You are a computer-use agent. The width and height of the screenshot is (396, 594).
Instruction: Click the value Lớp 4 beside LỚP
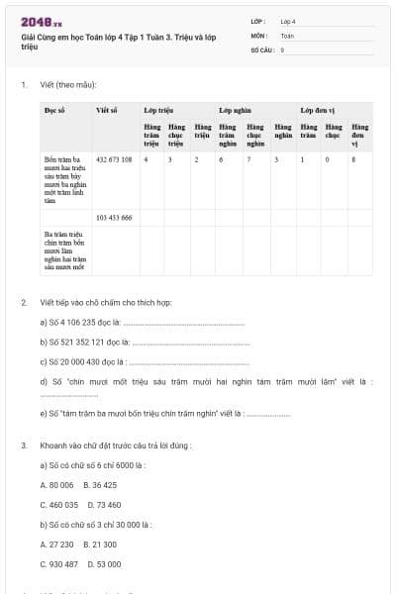click(288, 21)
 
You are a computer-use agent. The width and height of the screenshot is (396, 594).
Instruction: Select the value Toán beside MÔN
click(287, 35)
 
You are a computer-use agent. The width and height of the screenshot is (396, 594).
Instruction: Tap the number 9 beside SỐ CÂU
click(283, 49)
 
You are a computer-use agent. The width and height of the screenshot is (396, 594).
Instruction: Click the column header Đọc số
click(55, 111)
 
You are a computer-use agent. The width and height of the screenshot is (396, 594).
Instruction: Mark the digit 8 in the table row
click(353, 158)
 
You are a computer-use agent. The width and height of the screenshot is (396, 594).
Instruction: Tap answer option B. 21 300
click(101, 544)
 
